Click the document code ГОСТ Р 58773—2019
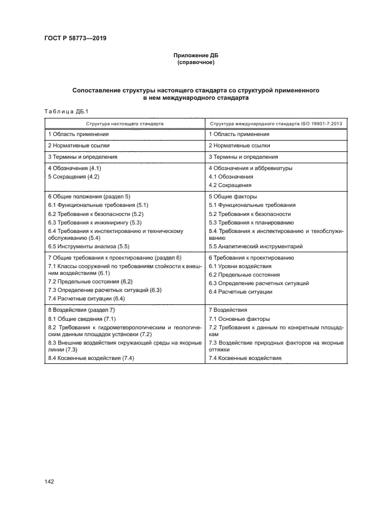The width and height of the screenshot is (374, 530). click(x=75, y=39)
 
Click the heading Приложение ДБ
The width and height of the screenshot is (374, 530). click(x=195, y=56)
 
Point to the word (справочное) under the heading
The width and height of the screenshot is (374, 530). click(x=195, y=62)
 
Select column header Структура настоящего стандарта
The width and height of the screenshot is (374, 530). click(x=125, y=122)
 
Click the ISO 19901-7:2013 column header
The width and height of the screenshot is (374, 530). click(x=280, y=122)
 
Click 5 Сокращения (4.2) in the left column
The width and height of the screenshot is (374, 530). click(x=74, y=176)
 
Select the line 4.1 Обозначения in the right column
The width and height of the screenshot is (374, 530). click(x=231, y=177)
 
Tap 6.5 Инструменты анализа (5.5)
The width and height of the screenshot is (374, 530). click(x=89, y=247)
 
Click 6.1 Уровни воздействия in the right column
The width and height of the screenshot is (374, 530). click(x=240, y=266)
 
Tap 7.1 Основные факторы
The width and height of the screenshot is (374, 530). click(x=239, y=319)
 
